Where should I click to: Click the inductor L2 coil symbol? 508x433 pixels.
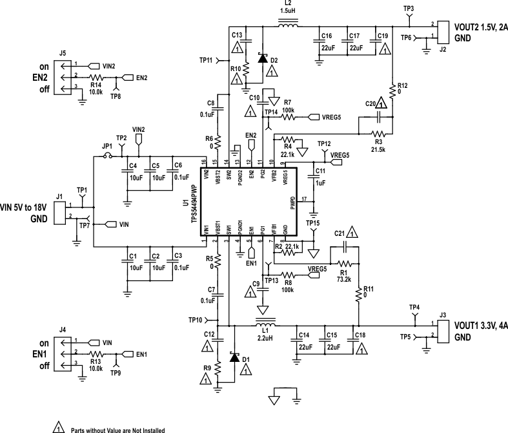288,26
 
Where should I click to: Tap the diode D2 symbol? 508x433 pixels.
262,58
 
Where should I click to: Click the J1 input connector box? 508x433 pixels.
59,212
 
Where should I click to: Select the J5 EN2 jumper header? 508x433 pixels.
62,76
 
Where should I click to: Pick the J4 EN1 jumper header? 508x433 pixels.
62,354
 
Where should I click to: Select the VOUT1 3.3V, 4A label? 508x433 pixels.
480,325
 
